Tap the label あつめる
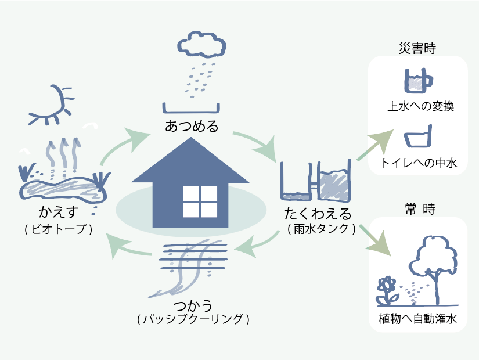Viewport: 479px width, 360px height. click(192, 125)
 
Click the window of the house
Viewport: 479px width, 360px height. click(200, 201)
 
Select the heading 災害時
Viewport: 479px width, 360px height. click(417, 48)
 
